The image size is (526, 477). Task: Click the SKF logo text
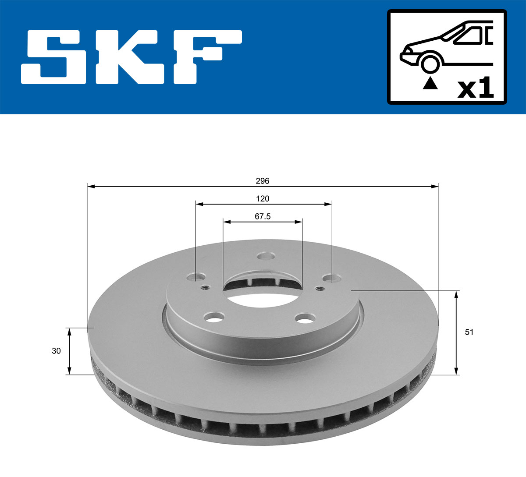(131, 57)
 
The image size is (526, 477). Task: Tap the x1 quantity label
(476, 88)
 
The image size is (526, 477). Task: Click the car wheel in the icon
(430, 63)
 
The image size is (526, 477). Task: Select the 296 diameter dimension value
(263, 181)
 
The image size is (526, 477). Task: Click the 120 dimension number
(263, 199)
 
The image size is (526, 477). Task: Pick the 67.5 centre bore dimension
(263, 216)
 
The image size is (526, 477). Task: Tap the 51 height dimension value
(469, 332)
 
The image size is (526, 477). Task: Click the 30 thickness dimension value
(56, 351)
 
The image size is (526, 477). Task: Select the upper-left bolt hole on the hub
(196, 277)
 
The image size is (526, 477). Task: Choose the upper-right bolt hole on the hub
(331, 278)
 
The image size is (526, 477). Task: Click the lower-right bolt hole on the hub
(305, 318)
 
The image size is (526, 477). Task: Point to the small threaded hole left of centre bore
(204, 288)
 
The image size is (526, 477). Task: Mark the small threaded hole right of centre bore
(320, 288)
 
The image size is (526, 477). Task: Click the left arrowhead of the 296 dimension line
(91, 187)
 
